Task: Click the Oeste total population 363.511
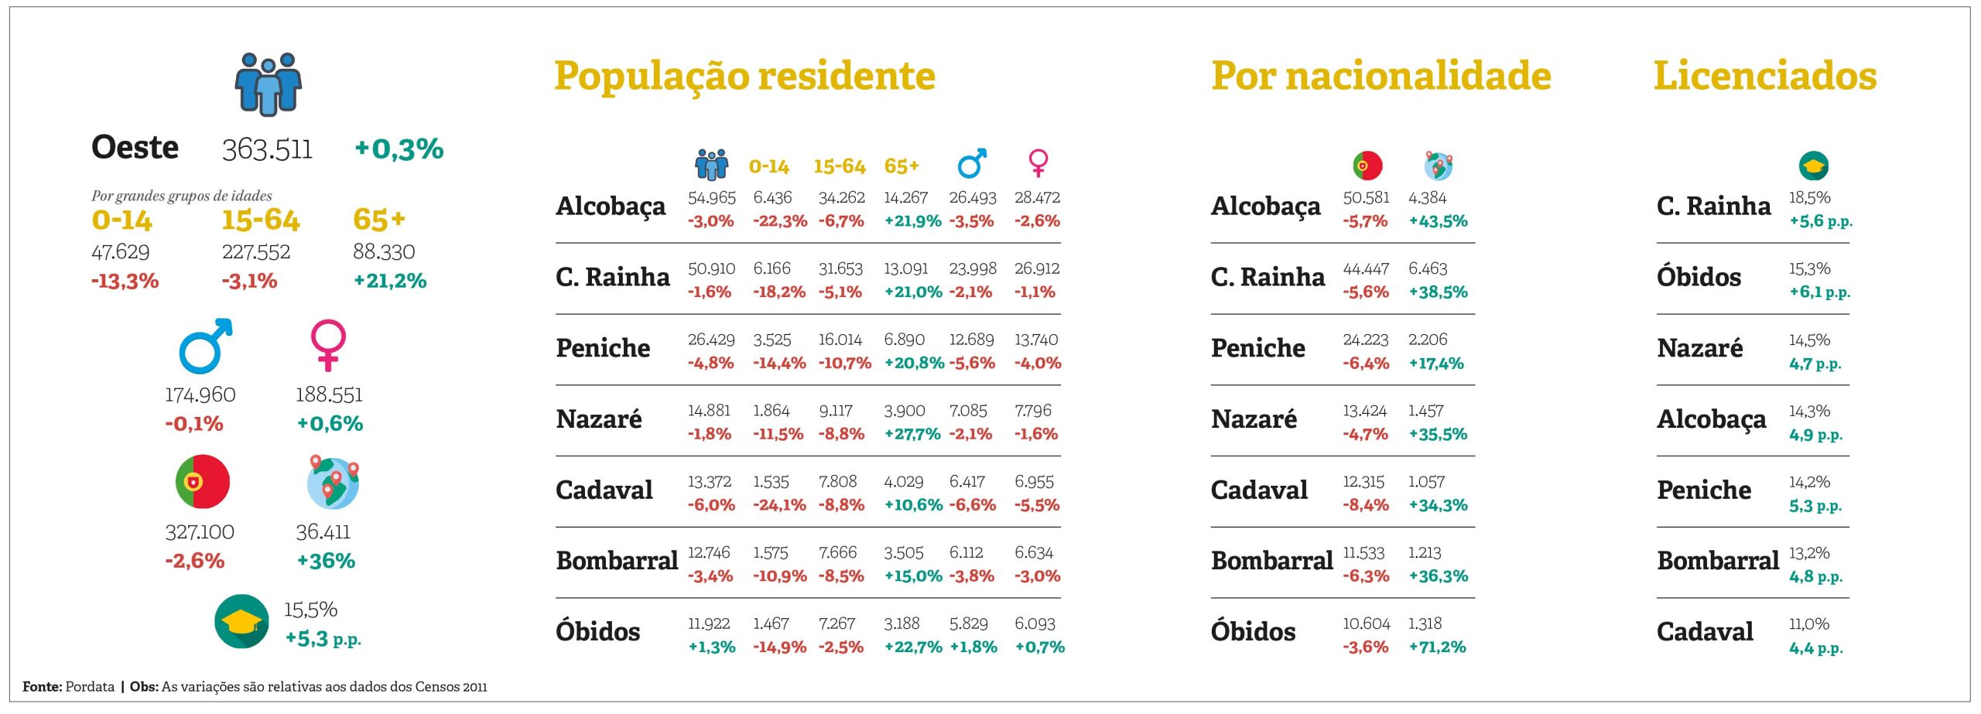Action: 267,149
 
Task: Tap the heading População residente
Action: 744,77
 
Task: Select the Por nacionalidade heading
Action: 1381,77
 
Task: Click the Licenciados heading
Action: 1764,77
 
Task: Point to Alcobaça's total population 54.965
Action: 711,198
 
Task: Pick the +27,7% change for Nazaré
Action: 912,434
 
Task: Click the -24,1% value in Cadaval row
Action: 779,505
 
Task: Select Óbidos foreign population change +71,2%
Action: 1437,647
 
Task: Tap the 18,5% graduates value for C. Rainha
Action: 1809,198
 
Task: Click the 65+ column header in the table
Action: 902,166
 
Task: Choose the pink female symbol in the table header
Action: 1038,163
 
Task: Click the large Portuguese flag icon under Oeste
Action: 203,481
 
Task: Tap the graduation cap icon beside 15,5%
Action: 241,621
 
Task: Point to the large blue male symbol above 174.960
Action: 205,346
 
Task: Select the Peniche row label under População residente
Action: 603,348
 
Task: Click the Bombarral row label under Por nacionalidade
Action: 1271,561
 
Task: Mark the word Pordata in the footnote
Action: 90,687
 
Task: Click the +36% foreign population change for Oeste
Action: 326,561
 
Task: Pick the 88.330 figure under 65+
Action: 384,252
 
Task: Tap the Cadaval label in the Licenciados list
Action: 1705,632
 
